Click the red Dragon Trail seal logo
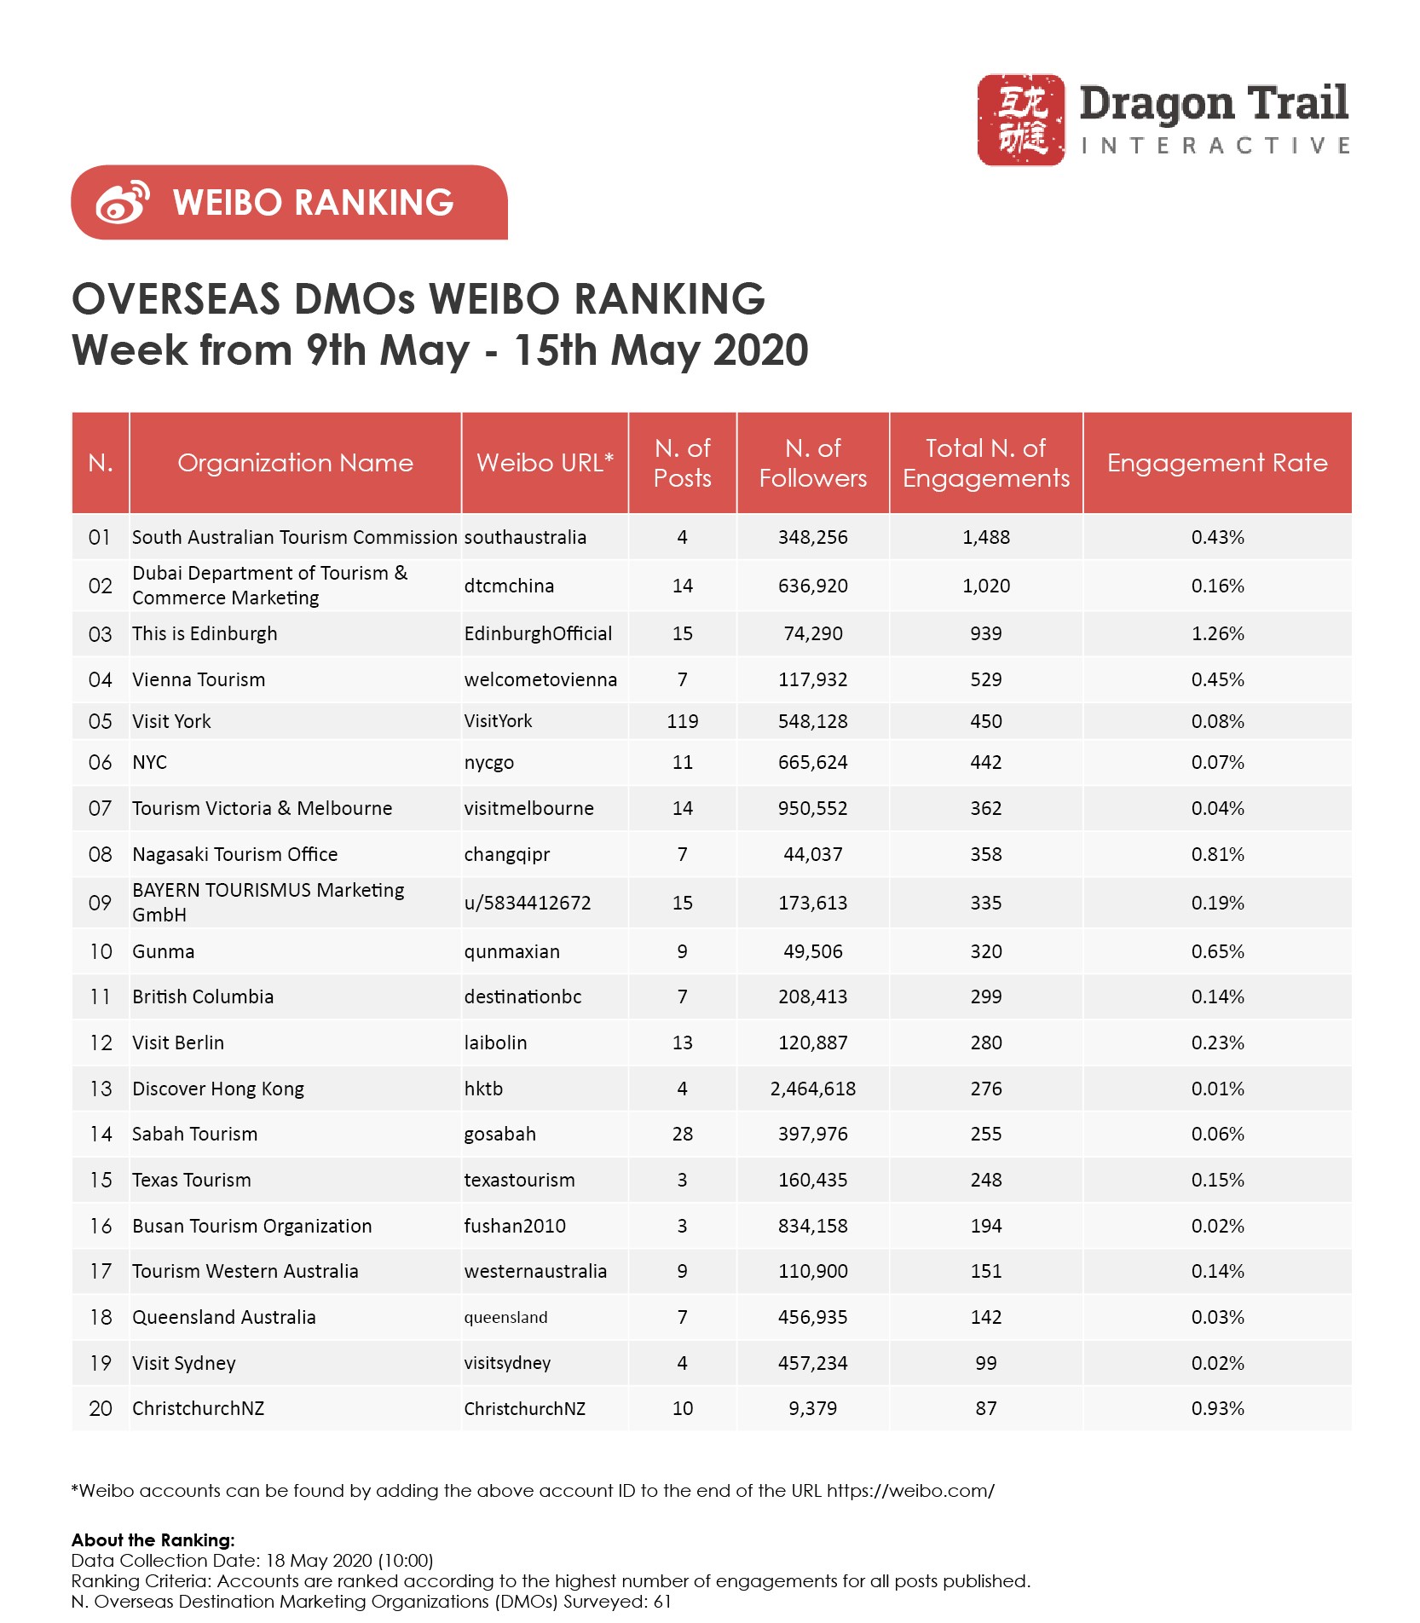(x=1020, y=119)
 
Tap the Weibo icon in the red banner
(x=123, y=202)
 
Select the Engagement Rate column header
(x=1216, y=463)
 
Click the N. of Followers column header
(x=812, y=463)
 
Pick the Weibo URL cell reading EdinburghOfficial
(x=538, y=634)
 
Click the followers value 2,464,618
(x=812, y=1089)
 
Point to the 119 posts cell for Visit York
(x=682, y=721)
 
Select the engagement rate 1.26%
(x=1217, y=634)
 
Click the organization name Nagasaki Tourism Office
(x=234, y=854)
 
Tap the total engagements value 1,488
(x=985, y=537)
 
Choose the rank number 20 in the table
(x=101, y=1408)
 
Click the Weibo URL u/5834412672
(x=527, y=903)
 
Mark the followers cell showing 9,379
(x=812, y=1408)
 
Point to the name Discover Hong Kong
(x=217, y=1089)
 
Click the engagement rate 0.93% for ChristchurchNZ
(x=1217, y=1408)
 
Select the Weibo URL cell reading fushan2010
(x=514, y=1226)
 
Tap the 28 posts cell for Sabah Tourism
(x=682, y=1134)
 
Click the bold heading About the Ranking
(x=153, y=1539)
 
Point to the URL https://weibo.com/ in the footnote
(x=909, y=1491)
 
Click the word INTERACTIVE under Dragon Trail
(x=1215, y=146)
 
